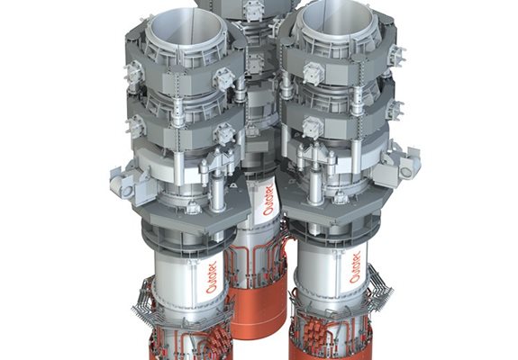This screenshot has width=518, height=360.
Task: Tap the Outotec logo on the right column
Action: click(355, 267)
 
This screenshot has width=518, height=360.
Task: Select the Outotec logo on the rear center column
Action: click(268, 200)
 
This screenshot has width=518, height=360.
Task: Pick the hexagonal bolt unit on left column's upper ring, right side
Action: click(223, 78)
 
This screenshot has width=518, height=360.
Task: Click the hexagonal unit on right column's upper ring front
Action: click(313, 73)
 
